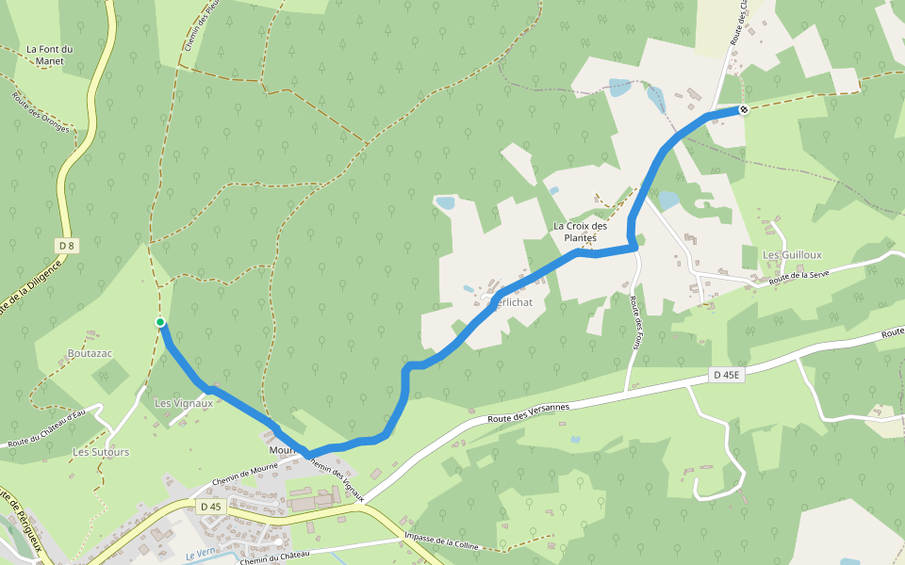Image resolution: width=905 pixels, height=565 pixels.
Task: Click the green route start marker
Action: coord(160,322)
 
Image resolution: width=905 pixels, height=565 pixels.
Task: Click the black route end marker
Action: coord(743,109)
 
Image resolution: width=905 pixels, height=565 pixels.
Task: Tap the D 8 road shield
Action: coord(66,246)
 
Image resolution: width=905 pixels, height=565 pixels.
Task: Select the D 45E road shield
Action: coord(727,375)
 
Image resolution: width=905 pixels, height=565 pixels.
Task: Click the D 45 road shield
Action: coord(211,507)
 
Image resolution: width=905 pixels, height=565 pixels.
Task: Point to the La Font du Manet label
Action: coord(50,56)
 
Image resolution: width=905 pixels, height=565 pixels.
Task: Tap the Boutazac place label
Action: coord(90,353)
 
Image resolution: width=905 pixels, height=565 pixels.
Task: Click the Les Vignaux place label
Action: coord(184,403)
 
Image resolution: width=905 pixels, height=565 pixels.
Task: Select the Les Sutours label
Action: coord(101,452)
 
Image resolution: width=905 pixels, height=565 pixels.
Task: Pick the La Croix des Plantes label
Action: coord(580,232)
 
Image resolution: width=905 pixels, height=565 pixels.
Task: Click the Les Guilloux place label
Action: coord(792,254)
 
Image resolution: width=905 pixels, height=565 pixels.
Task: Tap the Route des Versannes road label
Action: coord(529,413)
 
